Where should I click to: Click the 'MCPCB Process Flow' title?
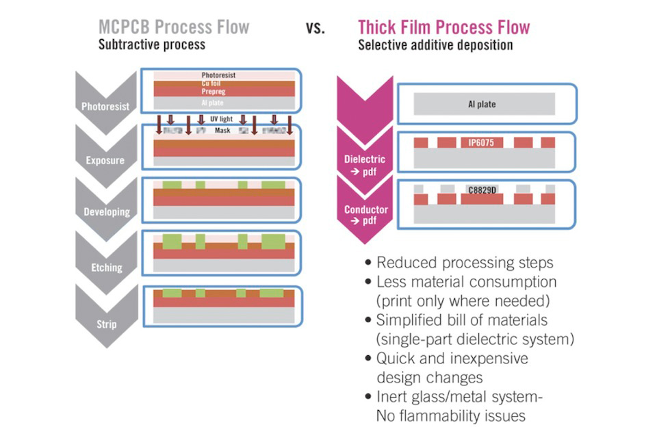click(x=174, y=27)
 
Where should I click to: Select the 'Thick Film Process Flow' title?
click(x=443, y=27)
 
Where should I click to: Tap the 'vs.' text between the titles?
click(x=315, y=28)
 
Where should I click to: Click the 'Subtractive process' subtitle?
click(x=151, y=46)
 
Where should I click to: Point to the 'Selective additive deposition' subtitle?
click(x=435, y=46)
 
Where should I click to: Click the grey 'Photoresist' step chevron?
click(x=104, y=107)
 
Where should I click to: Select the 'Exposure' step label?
click(x=104, y=160)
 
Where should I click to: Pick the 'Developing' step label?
click(x=107, y=211)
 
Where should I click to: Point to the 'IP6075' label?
click(x=485, y=143)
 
